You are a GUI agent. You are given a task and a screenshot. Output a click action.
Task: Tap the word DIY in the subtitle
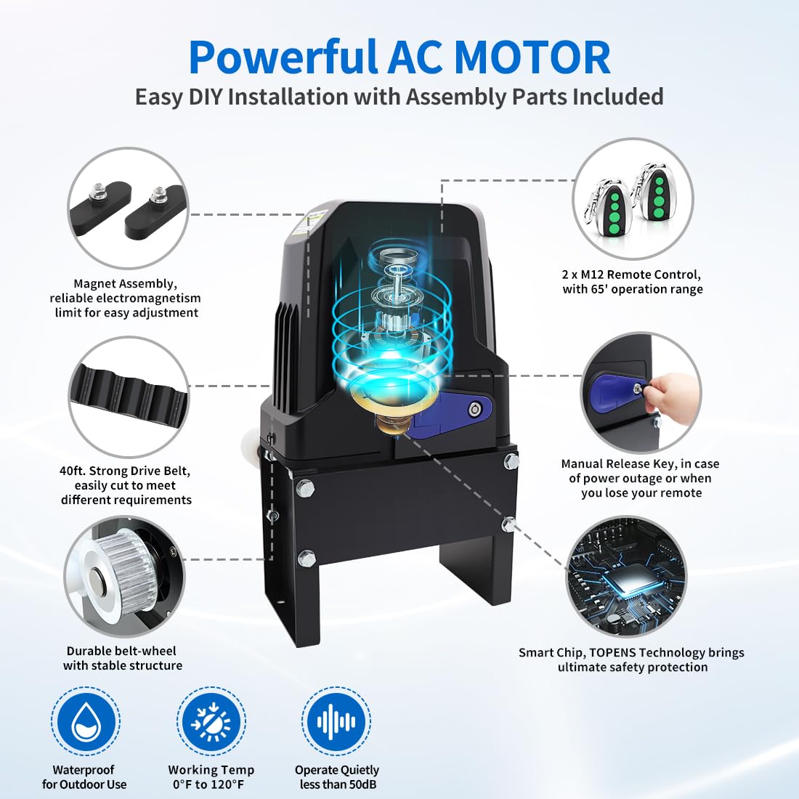tap(205, 97)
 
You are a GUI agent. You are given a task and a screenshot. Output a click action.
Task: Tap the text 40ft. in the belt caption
tap(73, 471)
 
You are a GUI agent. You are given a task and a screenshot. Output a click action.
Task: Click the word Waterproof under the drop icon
tap(84, 770)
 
